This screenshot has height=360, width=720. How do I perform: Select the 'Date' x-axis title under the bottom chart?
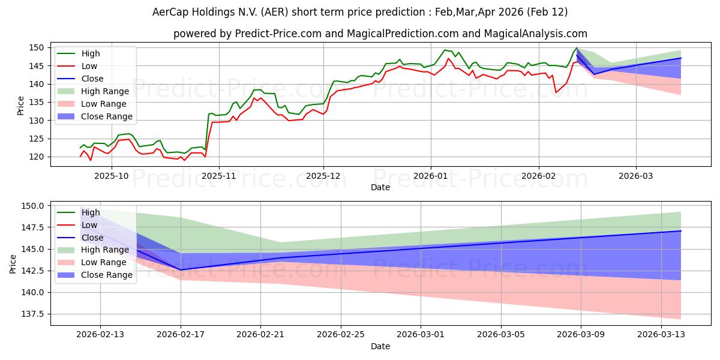point(380,346)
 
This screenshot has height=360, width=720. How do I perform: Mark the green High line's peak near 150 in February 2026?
point(577,48)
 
